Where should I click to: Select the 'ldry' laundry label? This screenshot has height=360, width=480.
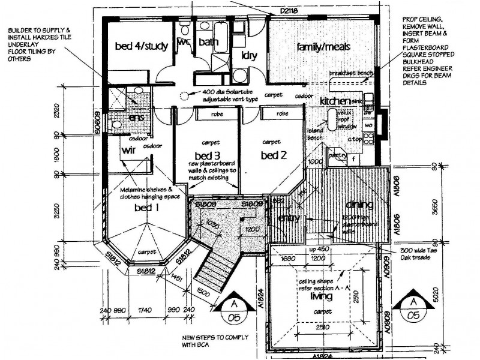click(249, 55)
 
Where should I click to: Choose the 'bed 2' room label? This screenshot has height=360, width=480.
click(274, 155)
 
